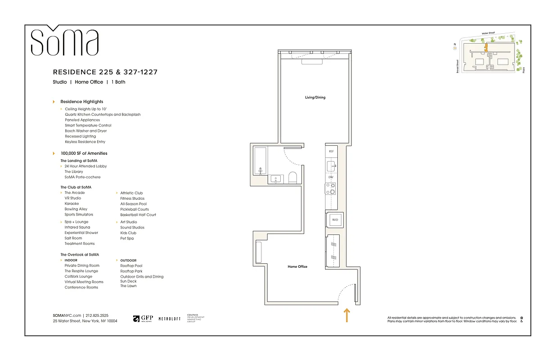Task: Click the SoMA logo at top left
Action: [64, 41]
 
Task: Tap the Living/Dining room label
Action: [314, 97]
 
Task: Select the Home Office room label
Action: [297, 266]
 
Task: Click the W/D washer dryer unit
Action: [335, 220]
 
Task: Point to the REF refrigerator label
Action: [331, 152]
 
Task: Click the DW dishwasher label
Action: [331, 177]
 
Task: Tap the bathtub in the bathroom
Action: [260, 160]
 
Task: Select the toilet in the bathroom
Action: [292, 177]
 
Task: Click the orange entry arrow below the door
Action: [347, 315]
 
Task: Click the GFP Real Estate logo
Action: [143, 319]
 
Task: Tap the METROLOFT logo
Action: [169, 319]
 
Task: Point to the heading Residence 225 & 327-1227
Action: [105, 72]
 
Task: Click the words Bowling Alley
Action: [76, 209]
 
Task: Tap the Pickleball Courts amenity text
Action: [135, 209]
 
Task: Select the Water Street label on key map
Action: [488, 33]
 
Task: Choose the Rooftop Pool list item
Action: [131, 266]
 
